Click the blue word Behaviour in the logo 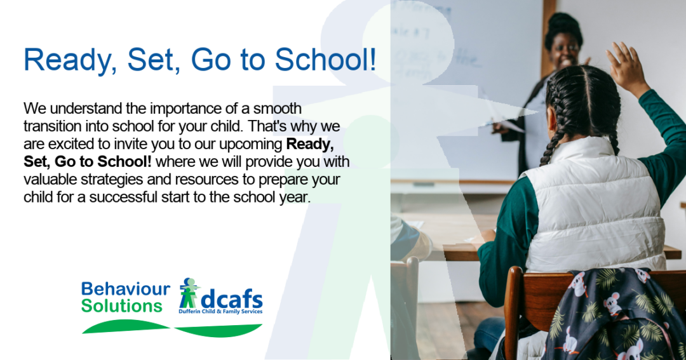pyautogui.click(x=126, y=289)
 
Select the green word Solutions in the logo pyautogui.click(x=121, y=306)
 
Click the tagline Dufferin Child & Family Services pyautogui.click(x=220, y=312)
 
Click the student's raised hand pyautogui.click(x=624, y=65)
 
